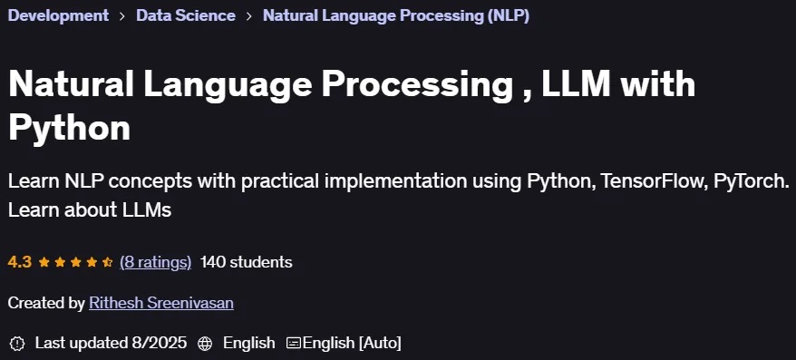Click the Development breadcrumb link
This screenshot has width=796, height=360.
(x=58, y=15)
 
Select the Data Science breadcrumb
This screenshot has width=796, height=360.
(x=186, y=15)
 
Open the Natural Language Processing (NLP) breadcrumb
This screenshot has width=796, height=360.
(x=396, y=15)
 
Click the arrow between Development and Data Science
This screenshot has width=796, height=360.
(x=122, y=16)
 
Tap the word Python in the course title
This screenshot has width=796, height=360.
(x=70, y=128)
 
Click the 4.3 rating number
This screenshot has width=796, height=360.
(x=20, y=262)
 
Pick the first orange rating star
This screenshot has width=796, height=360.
(x=44, y=262)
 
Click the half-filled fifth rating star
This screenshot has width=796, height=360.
(x=107, y=262)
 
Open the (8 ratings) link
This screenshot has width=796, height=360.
(x=155, y=262)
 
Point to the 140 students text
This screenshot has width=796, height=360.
(x=247, y=262)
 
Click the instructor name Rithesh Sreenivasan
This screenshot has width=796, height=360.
(x=161, y=303)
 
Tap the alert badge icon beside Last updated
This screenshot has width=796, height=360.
(x=17, y=344)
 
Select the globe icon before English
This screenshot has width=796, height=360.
(x=205, y=344)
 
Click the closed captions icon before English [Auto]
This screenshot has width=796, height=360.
(x=294, y=344)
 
